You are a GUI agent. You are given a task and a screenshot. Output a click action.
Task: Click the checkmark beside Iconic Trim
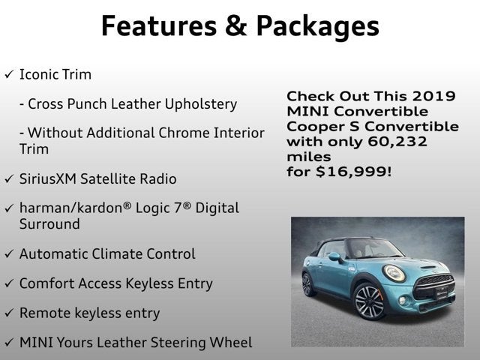[8, 75]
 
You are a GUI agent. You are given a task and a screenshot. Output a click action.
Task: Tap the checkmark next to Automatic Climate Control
[8, 254]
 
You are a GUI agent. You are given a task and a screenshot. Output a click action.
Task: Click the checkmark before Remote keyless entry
[8, 313]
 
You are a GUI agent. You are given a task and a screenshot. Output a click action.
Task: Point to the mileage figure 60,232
[391, 142]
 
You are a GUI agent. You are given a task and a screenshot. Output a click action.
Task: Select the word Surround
[49, 224]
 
